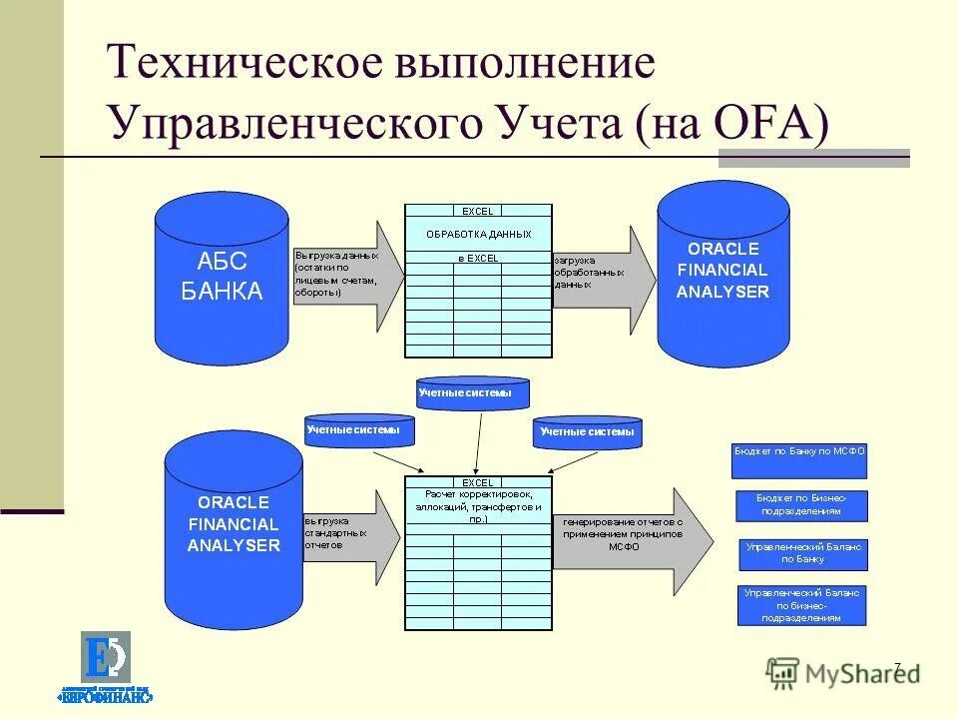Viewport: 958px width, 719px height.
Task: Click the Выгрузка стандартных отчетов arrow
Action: click(349, 536)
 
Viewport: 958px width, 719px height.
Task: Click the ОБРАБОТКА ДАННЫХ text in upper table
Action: click(478, 234)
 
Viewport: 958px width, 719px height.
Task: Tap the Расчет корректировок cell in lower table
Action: click(478, 506)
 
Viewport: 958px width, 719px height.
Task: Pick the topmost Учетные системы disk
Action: click(473, 393)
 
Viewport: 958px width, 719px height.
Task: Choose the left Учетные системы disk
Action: click(359, 430)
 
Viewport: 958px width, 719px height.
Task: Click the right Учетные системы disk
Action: click(587, 432)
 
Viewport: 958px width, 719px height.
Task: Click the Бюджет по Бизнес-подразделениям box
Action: click(801, 504)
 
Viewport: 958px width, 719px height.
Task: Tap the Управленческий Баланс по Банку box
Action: click(803, 553)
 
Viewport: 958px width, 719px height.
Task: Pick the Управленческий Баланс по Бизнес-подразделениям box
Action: click(802, 605)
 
